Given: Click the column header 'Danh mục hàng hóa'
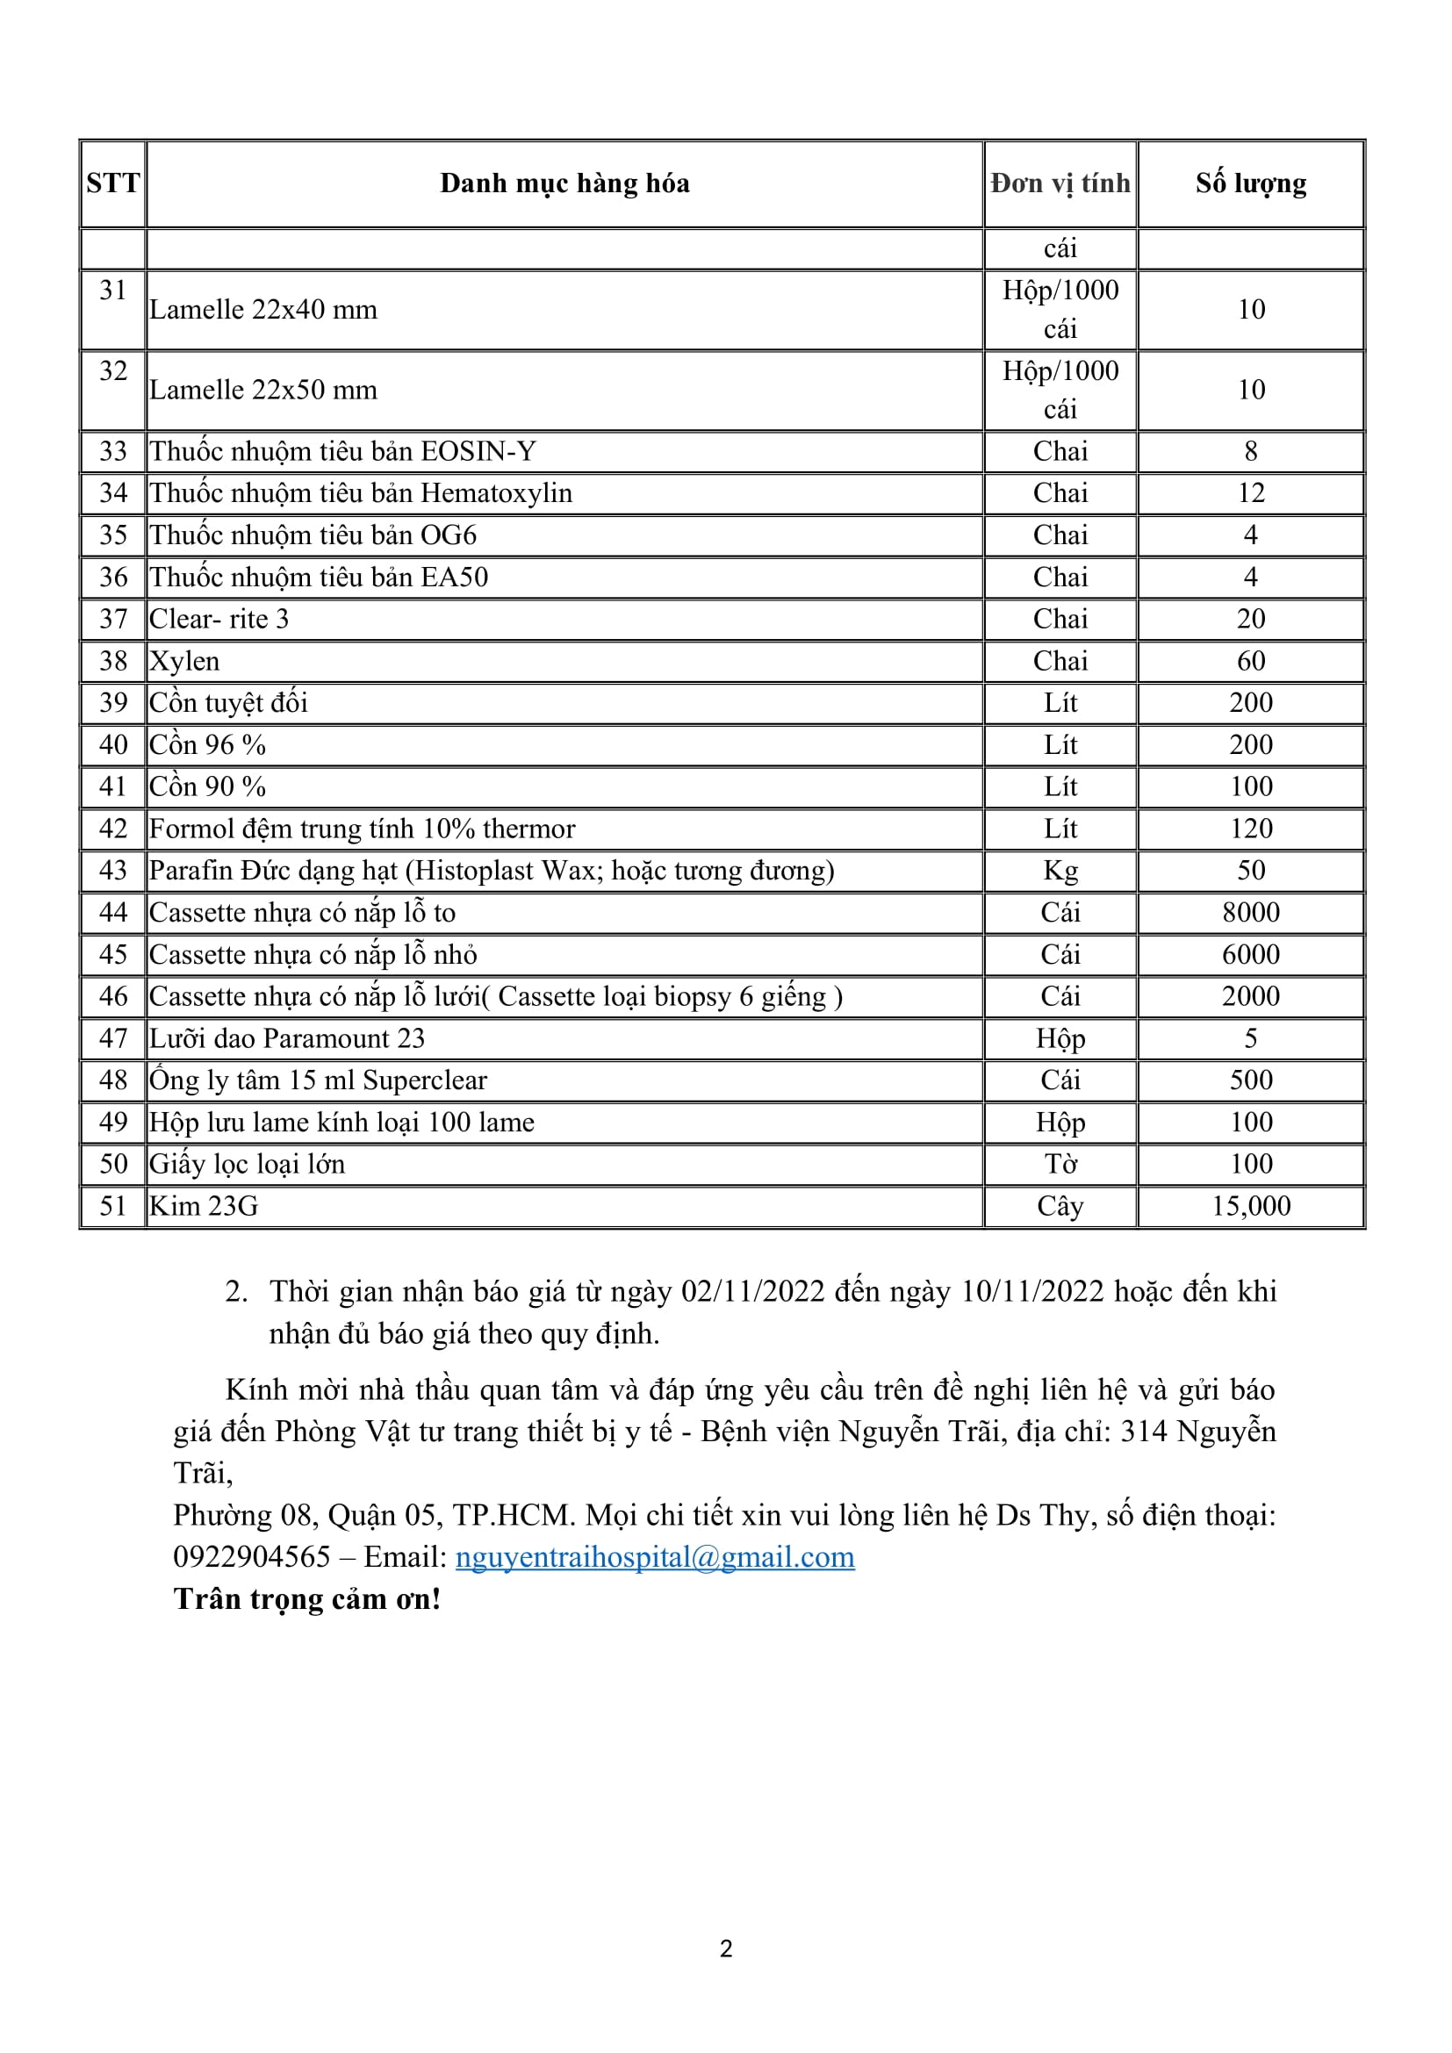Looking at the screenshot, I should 564,183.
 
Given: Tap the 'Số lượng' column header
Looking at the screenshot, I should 1250,183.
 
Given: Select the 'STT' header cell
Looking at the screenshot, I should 112,183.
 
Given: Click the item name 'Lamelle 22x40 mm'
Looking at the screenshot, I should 262,309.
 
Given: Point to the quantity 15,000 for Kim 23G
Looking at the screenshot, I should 1250,1206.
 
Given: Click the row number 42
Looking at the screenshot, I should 112,829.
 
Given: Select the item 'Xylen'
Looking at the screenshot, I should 184,662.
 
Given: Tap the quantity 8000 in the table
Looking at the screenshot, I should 1250,913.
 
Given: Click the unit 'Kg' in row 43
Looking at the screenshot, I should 1060,871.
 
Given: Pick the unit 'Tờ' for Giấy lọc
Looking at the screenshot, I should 1060,1164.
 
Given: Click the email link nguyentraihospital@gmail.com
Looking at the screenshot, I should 655,1557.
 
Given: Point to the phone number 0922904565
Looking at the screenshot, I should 252,1557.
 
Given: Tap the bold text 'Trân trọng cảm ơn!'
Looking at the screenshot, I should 307,1598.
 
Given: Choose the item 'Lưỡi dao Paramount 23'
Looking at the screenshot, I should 287,1039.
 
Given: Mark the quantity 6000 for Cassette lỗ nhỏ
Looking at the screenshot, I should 1250,955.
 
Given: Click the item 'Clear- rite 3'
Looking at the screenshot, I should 219,620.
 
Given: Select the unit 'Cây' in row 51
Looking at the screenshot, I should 1060,1206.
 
